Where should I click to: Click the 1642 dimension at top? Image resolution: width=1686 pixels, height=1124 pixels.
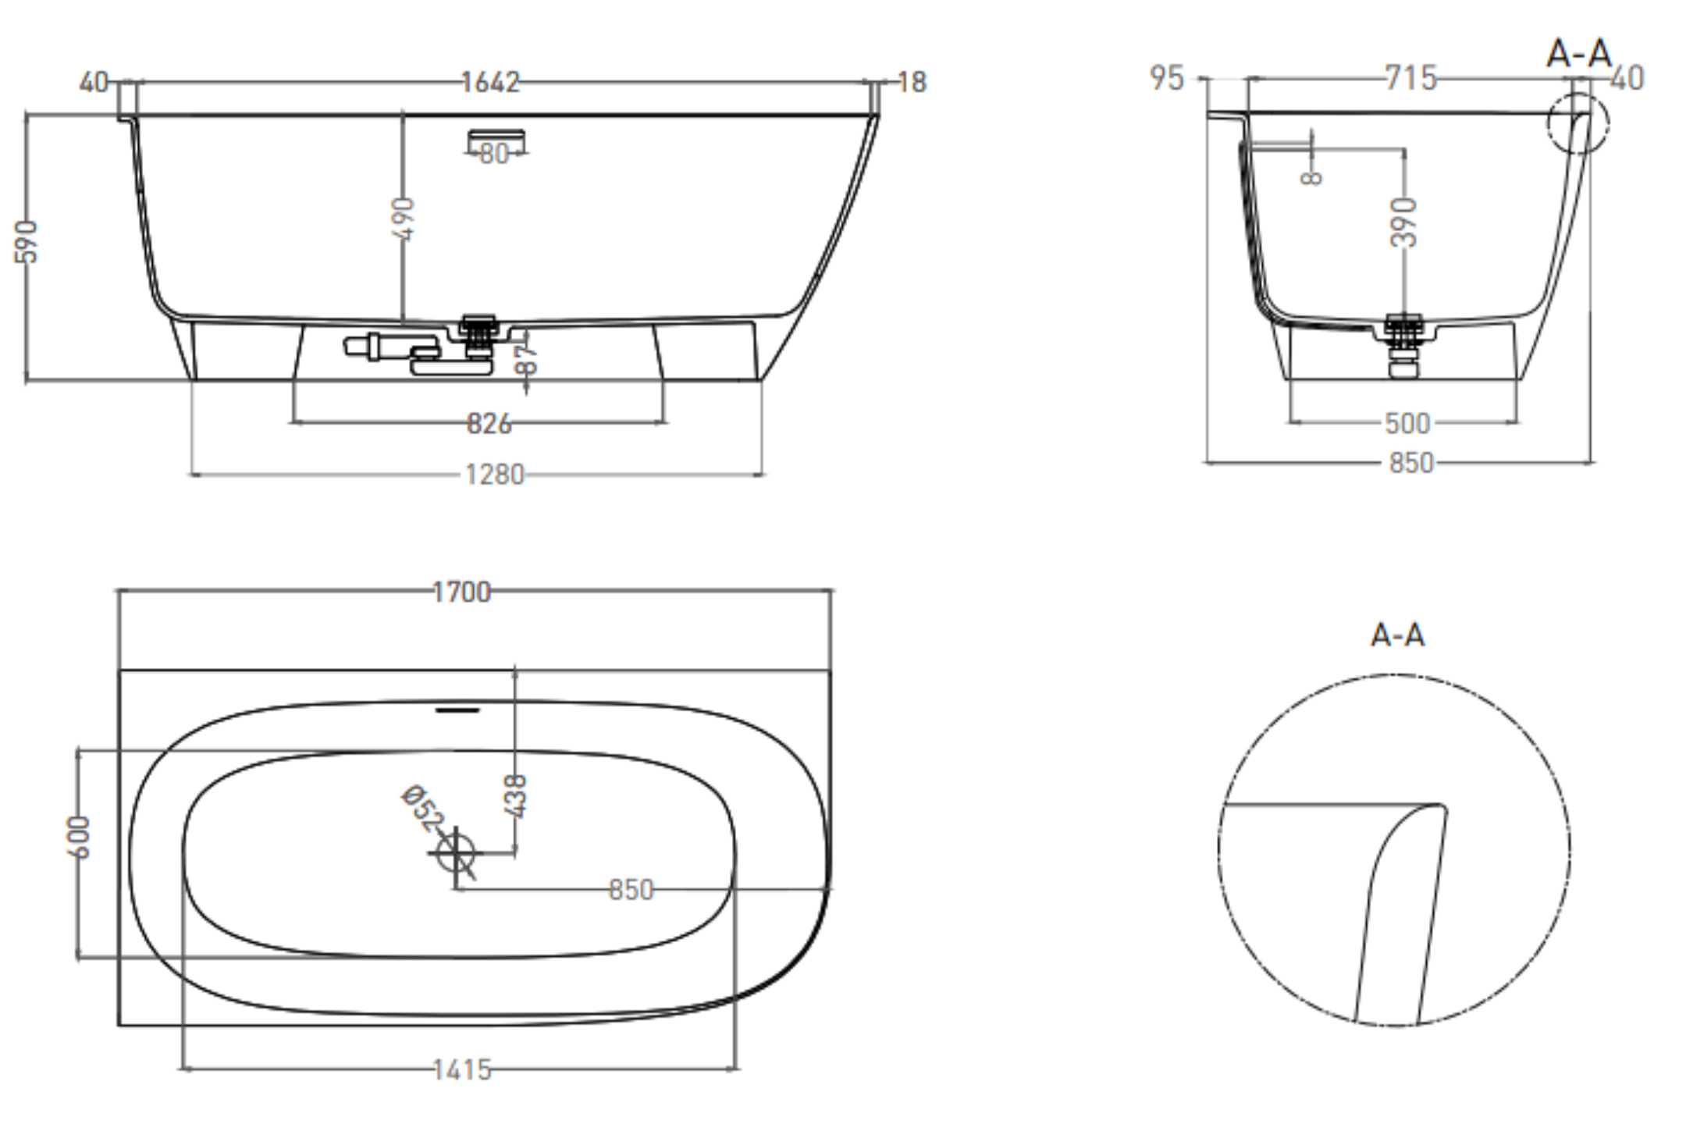click(489, 82)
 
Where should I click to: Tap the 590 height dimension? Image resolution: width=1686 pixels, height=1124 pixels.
click(27, 241)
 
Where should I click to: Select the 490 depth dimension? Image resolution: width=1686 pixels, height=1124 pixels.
click(403, 219)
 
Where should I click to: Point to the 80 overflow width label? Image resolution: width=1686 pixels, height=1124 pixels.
click(494, 154)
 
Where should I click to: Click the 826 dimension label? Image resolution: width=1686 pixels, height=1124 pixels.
click(489, 424)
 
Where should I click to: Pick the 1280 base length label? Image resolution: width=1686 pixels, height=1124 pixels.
click(495, 475)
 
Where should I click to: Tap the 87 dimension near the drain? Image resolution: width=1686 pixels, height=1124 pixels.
click(528, 358)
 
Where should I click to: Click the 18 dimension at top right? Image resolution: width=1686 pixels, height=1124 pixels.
click(912, 82)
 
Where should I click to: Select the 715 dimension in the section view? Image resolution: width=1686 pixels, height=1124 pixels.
click(1410, 78)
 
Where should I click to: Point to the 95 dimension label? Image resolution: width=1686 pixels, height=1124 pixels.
click(1167, 78)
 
